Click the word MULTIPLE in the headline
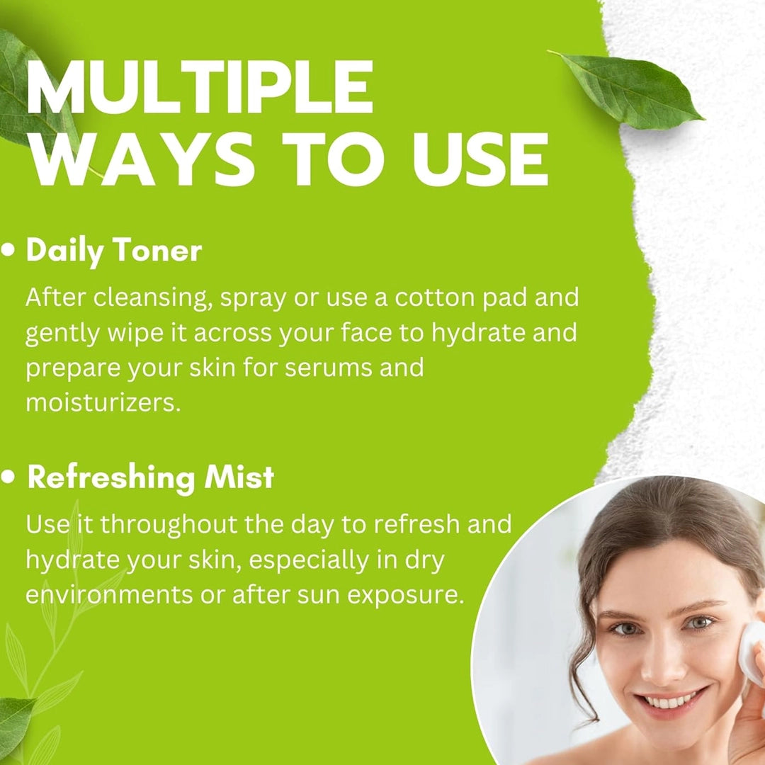(x=200, y=88)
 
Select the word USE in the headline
(x=480, y=159)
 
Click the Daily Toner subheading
(x=113, y=251)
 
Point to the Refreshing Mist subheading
(x=150, y=477)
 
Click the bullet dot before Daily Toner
(x=8, y=250)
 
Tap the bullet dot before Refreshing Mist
(x=8, y=477)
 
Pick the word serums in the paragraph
(x=329, y=368)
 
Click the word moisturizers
(x=103, y=403)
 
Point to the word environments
(x=109, y=595)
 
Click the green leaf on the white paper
(x=630, y=90)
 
